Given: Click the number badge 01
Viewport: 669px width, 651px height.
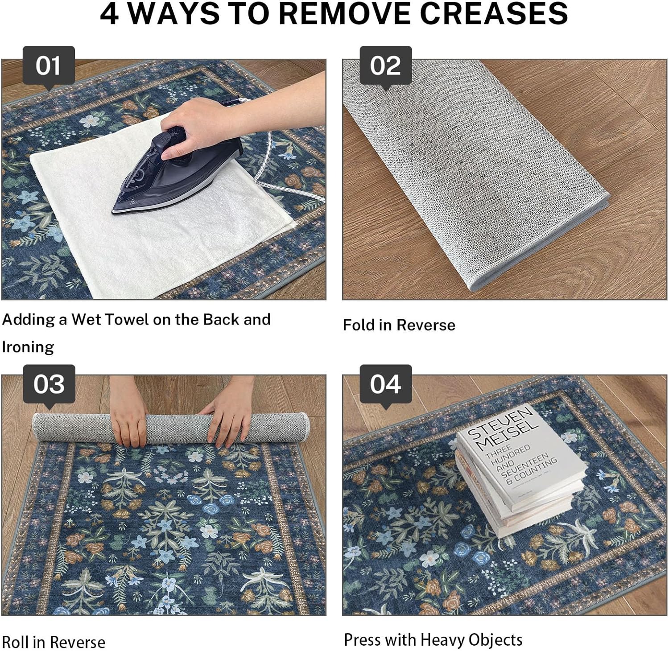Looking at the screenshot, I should click(49, 66).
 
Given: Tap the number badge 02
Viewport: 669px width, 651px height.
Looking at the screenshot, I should click(385, 66).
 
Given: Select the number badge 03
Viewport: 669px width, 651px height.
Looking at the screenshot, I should click(49, 384).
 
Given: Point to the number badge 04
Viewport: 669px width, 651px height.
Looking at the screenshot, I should click(385, 384).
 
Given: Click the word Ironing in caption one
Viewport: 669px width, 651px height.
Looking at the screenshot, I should click(28, 347).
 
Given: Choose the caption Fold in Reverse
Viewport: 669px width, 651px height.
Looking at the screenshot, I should click(399, 325).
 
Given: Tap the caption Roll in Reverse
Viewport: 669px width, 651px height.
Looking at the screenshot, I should click(54, 642).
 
